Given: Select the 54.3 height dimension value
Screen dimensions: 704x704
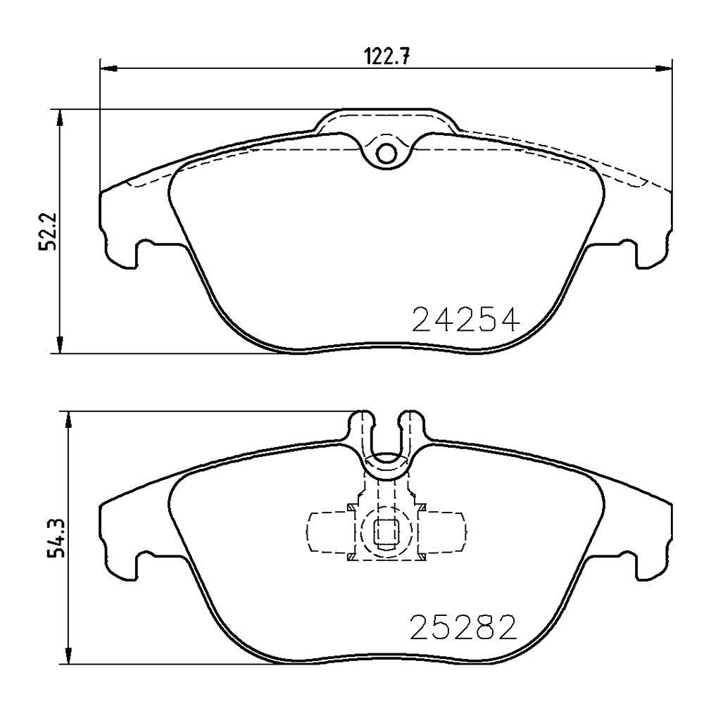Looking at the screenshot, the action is [56, 537].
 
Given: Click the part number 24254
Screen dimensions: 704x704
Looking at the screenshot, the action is [465, 319].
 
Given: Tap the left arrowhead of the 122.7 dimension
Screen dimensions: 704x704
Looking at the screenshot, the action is [108, 68].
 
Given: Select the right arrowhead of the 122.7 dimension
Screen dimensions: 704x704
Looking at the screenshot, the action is [663, 68].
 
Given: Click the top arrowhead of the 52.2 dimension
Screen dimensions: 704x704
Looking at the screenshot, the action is [59, 118].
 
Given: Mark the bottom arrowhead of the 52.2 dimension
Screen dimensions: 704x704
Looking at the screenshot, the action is [59, 344].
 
